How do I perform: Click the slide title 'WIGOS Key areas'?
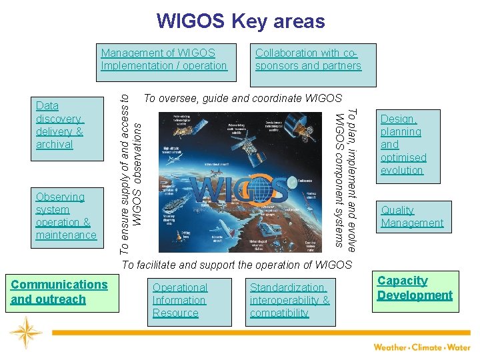pos(240,21)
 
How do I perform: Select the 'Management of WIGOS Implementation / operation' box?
pos(164,59)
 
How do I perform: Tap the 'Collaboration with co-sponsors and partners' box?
pos(308,59)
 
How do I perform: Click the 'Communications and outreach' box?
pos(59,292)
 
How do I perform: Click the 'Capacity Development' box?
pos(415,289)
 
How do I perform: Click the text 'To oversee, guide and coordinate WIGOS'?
pos(243,99)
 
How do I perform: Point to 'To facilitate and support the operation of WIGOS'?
pos(236,265)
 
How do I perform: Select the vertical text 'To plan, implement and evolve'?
pos(353,179)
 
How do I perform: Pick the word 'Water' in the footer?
pos(459,347)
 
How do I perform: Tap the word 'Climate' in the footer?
pos(426,347)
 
